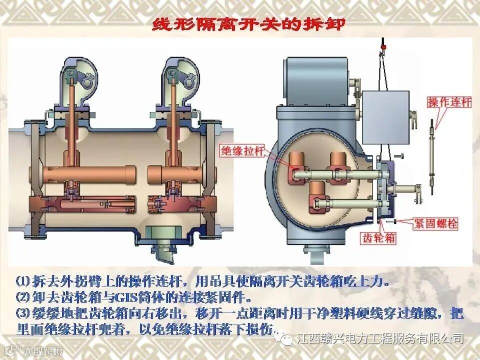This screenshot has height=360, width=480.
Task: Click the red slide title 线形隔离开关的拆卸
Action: [x=248, y=23]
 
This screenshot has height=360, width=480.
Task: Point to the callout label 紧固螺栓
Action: [x=435, y=223]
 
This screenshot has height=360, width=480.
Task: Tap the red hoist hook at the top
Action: [x=383, y=47]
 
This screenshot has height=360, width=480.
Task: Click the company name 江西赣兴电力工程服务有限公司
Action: [x=379, y=339]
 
